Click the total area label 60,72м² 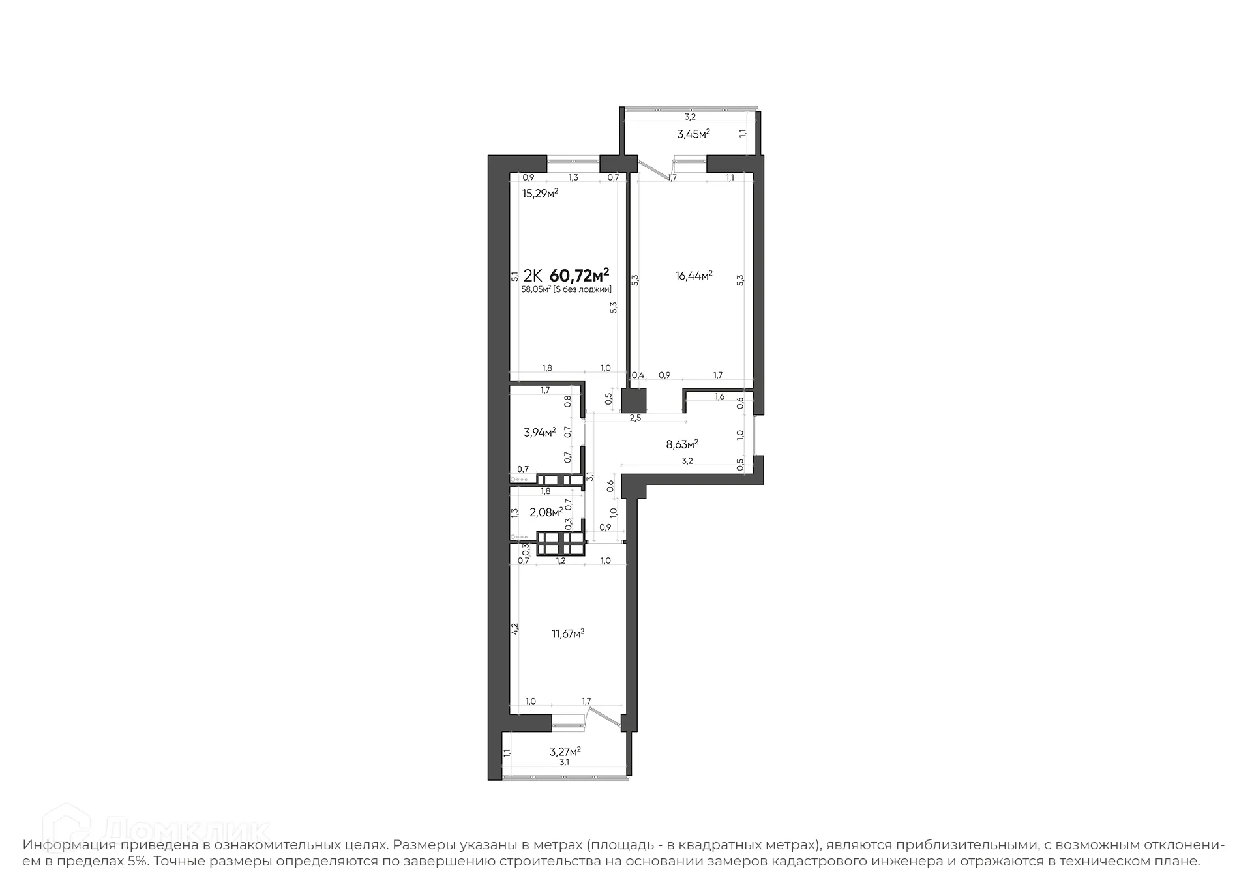click(580, 274)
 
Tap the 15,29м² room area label click(540, 193)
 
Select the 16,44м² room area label click(693, 276)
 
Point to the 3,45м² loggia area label click(693, 134)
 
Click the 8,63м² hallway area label click(681, 444)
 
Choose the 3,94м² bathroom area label click(539, 432)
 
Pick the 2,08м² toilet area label click(546, 512)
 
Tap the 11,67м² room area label click(568, 633)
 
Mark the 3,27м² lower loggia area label click(565, 751)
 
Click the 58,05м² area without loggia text click(566, 289)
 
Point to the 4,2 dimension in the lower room click(514, 629)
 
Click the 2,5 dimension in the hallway click(635, 418)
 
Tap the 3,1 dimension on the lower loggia click(565, 762)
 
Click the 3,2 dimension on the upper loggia click(689, 117)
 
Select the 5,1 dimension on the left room click(514, 276)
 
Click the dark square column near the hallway click(633, 400)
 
